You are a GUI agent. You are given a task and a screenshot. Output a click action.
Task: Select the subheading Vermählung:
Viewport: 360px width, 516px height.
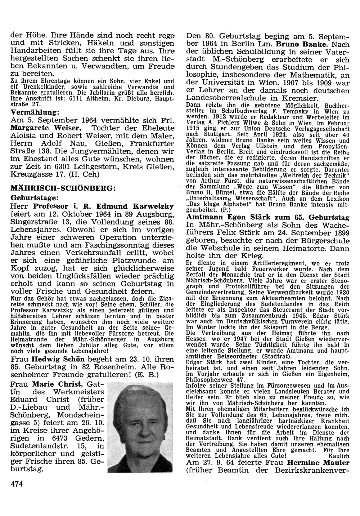coord(35,112)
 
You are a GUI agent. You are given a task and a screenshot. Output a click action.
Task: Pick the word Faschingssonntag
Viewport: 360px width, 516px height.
coord(114,245)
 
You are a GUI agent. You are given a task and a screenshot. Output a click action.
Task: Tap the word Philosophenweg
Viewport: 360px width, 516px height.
coord(207,379)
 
